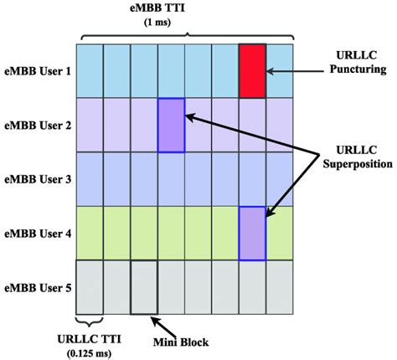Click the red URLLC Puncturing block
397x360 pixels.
point(252,69)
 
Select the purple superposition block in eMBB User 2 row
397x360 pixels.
point(171,125)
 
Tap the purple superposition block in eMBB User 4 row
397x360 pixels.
point(252,233)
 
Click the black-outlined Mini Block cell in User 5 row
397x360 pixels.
point(143,287)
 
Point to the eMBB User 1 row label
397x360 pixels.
point(39,70)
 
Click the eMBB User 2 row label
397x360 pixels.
point(39,126)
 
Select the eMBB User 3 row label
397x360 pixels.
point(39,178)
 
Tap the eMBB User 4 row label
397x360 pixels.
point(39,233)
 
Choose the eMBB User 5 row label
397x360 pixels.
point(39,287)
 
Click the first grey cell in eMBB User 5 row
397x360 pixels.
point(89,287)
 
